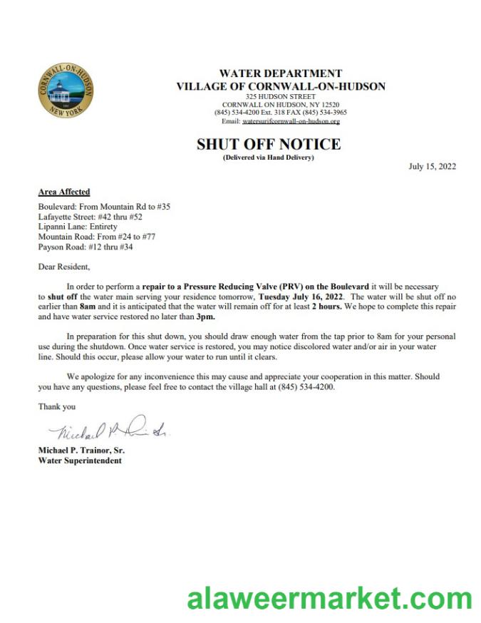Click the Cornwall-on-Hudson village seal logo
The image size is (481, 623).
point(66,91)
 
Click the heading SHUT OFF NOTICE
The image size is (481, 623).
point(269,144)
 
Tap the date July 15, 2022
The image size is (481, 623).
point(432,167)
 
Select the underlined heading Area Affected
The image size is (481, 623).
point(64,192)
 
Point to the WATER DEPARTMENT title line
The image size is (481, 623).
point(280,73)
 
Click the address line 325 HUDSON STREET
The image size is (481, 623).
point(280,96)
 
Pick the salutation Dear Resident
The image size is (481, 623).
point(64,267)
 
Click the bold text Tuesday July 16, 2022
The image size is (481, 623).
point(302,295)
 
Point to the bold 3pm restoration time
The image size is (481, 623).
point(205,315)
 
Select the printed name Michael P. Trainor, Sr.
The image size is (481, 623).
point(81,450)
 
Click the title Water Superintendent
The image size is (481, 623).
point(80,460)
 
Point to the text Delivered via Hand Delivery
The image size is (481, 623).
point(269,157)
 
